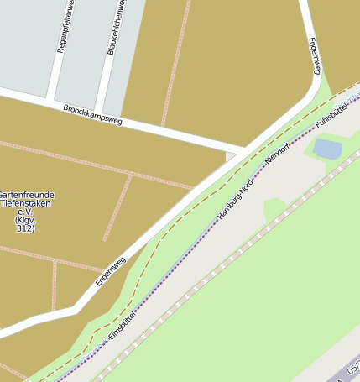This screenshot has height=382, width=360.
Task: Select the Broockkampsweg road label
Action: (x=92, y=116)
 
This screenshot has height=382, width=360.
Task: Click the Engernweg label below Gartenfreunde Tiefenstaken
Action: (x=110, y=270)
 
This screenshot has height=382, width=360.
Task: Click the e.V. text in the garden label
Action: (x=24, y=212)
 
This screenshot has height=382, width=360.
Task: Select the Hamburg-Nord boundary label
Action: (x=235, y=199)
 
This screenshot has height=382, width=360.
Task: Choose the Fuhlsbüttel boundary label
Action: (x=331, y=117)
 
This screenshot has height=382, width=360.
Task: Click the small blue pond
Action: (x=327, y=149)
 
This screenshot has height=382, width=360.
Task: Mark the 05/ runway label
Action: (x=353, y=367)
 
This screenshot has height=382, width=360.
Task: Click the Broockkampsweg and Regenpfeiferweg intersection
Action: (x=50, y=99)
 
